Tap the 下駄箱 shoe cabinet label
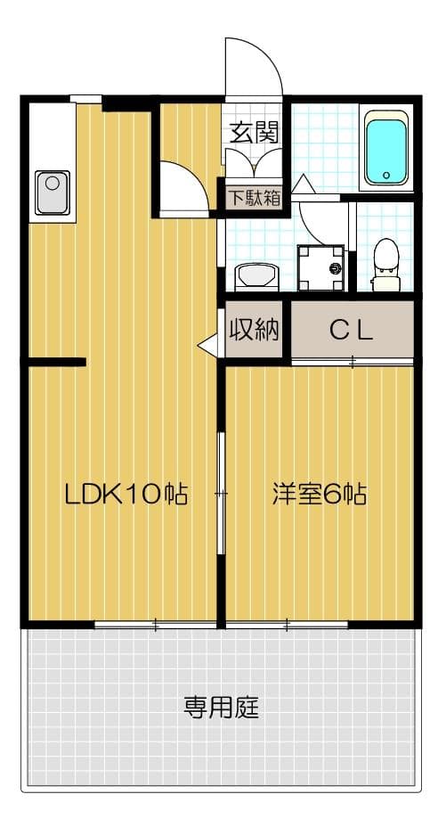point(253,197)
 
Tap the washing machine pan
point(320,268)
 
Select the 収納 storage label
point(255,331)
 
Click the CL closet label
point(351,331)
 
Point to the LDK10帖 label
point(126,494)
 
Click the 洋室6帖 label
point(320,494)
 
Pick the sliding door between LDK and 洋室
point(221,493)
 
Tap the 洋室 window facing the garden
point(287,624)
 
